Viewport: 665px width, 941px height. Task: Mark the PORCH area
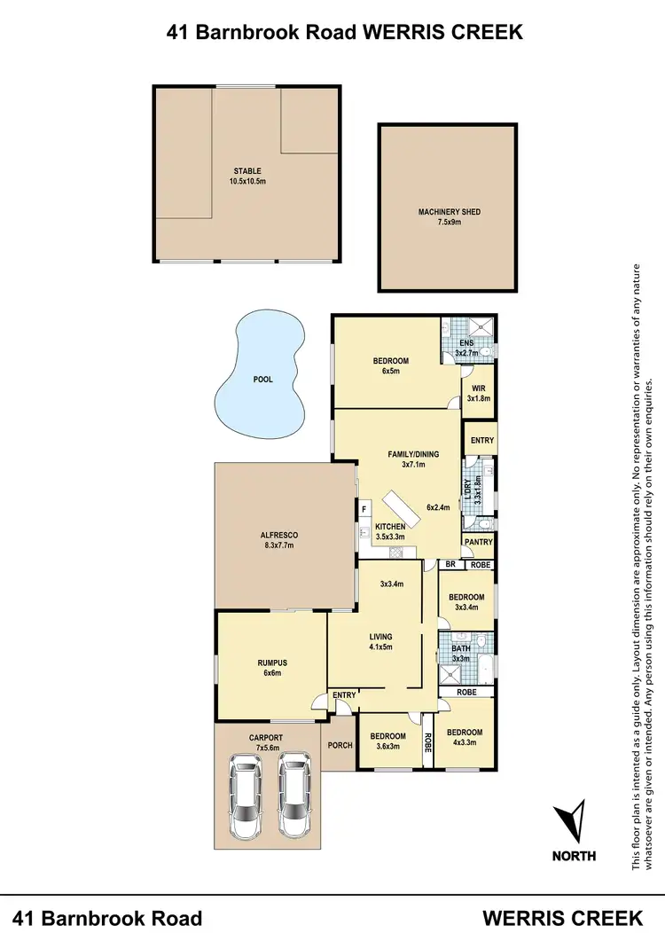pyautogui.click(x=340, y=745)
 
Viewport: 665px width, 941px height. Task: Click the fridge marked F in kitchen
pyautogui.click(x=364, y=509)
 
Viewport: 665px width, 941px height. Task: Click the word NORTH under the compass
pyautogui.click(x=575, y=857)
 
